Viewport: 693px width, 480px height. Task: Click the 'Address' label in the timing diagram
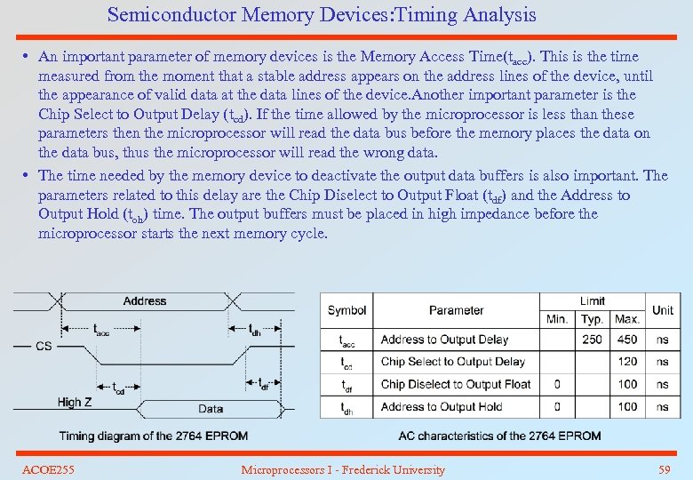click(145, 301)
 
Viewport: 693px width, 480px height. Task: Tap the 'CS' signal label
click(44, 346)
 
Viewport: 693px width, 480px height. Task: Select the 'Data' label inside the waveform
click(211, 409)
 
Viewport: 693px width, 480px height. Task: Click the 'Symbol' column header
click(346, 310)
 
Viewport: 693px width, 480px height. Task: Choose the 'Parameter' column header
click(456, 310)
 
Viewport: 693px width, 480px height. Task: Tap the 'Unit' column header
click(663, 310)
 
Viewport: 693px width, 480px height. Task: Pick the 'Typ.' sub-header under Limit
click(592, 319)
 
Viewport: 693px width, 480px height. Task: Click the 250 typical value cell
click(592, 340)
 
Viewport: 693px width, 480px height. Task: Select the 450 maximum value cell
click(627, 340)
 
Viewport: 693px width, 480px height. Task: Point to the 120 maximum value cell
click(627, 362)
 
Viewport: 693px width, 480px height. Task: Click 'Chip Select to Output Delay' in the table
click(453, 362)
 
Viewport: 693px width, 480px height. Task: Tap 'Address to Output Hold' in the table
click(442, 407)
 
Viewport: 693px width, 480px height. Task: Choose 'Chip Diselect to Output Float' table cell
click(456, 384)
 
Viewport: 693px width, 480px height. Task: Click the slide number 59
click(665, 469)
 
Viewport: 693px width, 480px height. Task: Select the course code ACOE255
click(48, 469)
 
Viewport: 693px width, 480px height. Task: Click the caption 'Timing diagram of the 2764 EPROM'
click(154, 436)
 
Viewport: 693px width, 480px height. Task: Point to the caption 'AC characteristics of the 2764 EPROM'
click(500, 436)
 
